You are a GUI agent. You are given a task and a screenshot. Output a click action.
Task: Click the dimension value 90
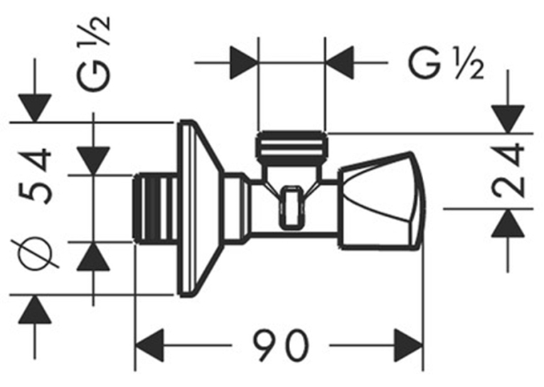[280, 345]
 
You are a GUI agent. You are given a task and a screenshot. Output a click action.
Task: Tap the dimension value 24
[508, 170]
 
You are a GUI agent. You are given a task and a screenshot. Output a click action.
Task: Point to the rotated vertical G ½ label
[93, 54]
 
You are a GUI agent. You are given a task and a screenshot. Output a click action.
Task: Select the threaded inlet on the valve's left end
[155, 208]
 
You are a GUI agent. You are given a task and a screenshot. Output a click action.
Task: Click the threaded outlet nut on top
[292, 148]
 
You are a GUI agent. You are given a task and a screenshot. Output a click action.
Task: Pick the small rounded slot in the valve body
[292, 207]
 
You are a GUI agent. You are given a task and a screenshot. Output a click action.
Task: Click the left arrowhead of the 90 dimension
[149, 345]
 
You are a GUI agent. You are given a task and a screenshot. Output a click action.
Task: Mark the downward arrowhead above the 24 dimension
[508, 119]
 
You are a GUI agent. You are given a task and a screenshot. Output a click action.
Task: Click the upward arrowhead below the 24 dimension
[508, 223]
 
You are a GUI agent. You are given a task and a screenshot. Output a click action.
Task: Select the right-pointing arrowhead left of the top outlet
[243, 62]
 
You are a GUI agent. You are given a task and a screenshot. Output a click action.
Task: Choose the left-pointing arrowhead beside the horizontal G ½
[340, 62]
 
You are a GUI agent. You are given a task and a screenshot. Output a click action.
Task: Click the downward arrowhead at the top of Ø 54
[35, 108]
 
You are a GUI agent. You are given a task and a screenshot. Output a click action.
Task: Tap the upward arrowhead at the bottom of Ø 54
[35, 310]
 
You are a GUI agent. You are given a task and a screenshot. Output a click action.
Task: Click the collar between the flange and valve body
[237, 208]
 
